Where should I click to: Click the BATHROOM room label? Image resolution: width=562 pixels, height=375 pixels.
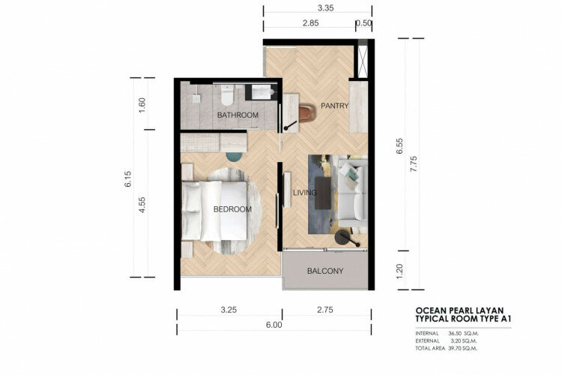tap(238, 115)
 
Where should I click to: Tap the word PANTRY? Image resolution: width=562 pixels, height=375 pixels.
tap(334, 106)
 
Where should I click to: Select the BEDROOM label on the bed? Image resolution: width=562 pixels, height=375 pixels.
tap(232, 209)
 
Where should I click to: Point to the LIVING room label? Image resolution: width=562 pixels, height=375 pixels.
tap(305, 193)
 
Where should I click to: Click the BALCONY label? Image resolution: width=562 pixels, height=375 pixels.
tap(325, 271)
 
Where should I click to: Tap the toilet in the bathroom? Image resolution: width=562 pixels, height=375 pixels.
tap(227, 94)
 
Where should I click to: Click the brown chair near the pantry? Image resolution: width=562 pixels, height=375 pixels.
tap(307, 112)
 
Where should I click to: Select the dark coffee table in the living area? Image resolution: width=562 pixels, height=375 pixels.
tap(322, 193)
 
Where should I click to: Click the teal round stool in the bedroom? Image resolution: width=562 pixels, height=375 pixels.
tap(235, 156)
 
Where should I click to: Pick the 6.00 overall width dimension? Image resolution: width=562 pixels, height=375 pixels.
tap(274, 325)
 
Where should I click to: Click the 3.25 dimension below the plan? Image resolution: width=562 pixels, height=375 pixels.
tap(229, 310)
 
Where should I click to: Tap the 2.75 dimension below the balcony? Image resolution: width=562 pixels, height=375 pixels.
tap(324, 310)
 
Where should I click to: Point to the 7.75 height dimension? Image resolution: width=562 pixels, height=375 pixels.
tap(414, 164)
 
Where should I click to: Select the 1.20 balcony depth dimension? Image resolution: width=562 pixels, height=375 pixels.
tap(400, 270)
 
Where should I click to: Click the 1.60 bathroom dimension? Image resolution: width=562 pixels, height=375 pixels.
tap(142, 104)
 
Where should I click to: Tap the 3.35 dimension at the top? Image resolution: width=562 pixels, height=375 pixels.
tap(325, 8)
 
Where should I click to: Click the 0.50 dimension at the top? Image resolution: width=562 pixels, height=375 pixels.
tap(364, 23)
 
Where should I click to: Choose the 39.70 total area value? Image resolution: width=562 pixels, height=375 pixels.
tap(455, 349)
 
